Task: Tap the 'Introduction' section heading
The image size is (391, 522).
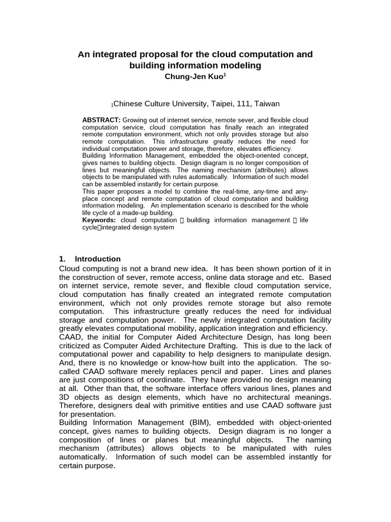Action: pyautogui.click(x=97, y=258)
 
